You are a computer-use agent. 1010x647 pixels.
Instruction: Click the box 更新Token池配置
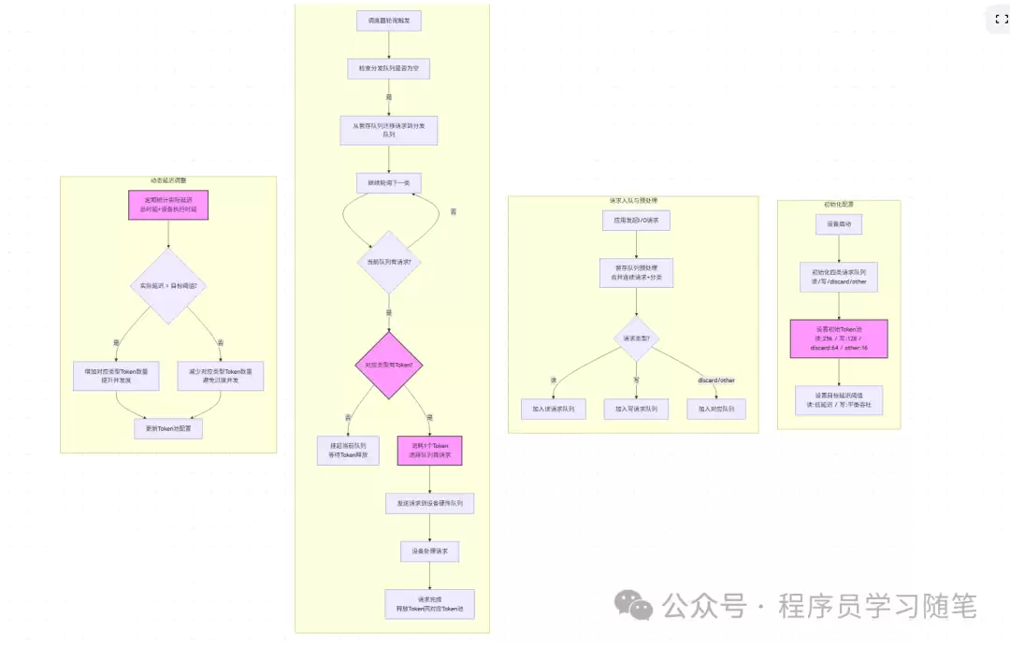168,428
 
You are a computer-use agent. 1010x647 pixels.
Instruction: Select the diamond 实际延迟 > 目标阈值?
168,285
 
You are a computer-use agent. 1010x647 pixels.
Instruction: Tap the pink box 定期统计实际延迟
168,205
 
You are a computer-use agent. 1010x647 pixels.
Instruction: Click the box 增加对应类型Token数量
116,376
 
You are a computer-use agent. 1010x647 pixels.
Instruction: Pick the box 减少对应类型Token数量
221,376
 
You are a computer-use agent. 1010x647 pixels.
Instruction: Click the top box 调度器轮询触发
388,21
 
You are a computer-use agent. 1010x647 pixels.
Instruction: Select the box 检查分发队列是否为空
388,68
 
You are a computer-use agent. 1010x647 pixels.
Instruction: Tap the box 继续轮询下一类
388,183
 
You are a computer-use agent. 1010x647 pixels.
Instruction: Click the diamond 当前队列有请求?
388,262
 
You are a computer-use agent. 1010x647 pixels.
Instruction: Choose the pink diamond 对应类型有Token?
389,364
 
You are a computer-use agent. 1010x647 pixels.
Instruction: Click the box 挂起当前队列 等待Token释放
348,450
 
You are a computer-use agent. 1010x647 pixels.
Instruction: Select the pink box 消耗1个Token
429,450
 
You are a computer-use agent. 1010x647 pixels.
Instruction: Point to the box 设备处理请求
429,551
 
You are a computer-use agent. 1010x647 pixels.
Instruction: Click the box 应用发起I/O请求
636,221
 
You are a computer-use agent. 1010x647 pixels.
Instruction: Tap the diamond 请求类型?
636,338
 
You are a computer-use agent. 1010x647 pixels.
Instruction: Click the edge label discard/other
716,380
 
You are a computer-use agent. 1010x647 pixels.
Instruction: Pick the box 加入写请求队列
636,409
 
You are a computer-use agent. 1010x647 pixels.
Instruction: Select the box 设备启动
838,224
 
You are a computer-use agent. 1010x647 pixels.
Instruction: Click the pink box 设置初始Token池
838,338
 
